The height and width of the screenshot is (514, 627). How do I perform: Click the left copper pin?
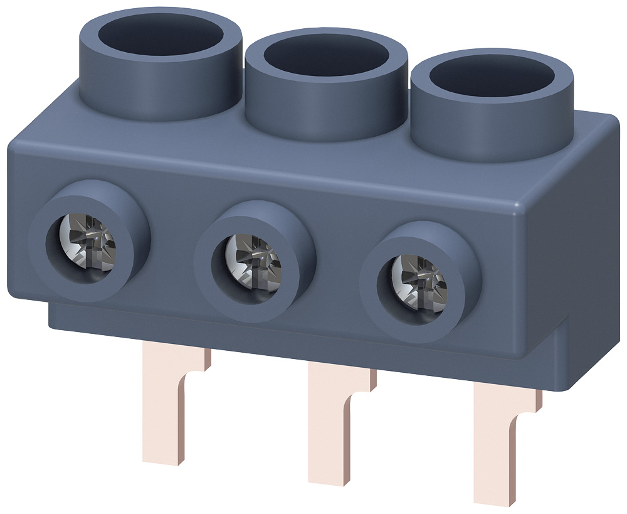(164, 408)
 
